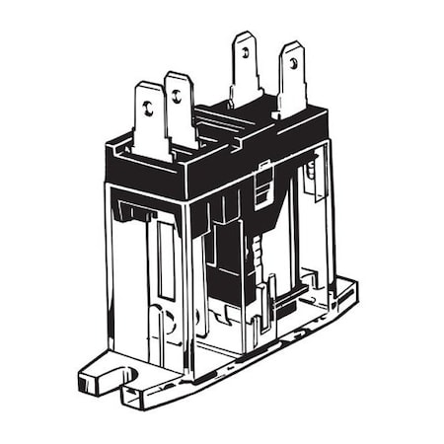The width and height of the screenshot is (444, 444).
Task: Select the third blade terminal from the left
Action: tap(245, 69)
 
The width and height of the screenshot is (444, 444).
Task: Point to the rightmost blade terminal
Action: tap(291, 77)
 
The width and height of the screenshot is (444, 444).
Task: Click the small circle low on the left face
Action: tap(168, 321)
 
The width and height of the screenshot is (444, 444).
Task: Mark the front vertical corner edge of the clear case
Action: tap(186, 286)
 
